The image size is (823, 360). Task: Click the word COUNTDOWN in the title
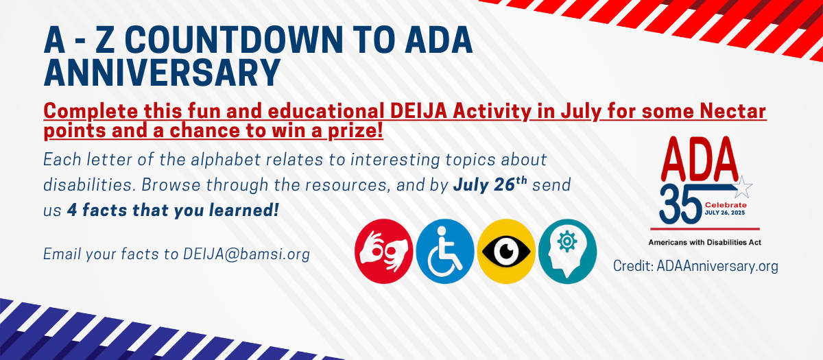coord(234,40)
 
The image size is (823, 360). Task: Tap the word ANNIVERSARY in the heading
coord(163,72)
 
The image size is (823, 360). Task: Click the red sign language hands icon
coord(383,251)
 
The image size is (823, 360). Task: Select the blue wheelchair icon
coord(445,251)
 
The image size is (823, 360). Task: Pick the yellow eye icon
coord(506,251)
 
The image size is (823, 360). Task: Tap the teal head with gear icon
coord(567,251)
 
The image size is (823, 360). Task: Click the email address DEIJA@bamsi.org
coord(246,254)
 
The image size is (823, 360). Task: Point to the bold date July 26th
coord(490,184)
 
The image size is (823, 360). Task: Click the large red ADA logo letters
coord(700,158)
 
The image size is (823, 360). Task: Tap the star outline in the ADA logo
coord(742,187)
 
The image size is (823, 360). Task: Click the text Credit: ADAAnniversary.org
coord(695,266)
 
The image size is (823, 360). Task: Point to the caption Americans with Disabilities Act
coord(705,243)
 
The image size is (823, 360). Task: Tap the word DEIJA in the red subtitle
coord(418,111)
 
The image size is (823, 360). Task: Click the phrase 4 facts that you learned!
coord(173,210)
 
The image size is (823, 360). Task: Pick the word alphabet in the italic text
coord(225,160)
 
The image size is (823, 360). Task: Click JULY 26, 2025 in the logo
coord(724,213)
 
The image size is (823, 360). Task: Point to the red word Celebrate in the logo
coord(726,205)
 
